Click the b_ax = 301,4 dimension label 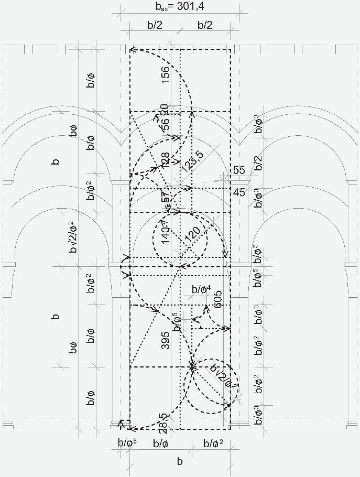pos(179,7)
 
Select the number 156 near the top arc pos(165,75)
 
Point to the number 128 pos(166,160)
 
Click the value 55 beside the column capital pos(239,170)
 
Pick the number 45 pos(239,193)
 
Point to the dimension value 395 pos(166,341)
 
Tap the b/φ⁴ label pos(201,289)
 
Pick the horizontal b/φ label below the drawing pos(160,443)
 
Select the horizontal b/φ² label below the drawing pos(213,443)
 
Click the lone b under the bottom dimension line pos(180,461)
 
